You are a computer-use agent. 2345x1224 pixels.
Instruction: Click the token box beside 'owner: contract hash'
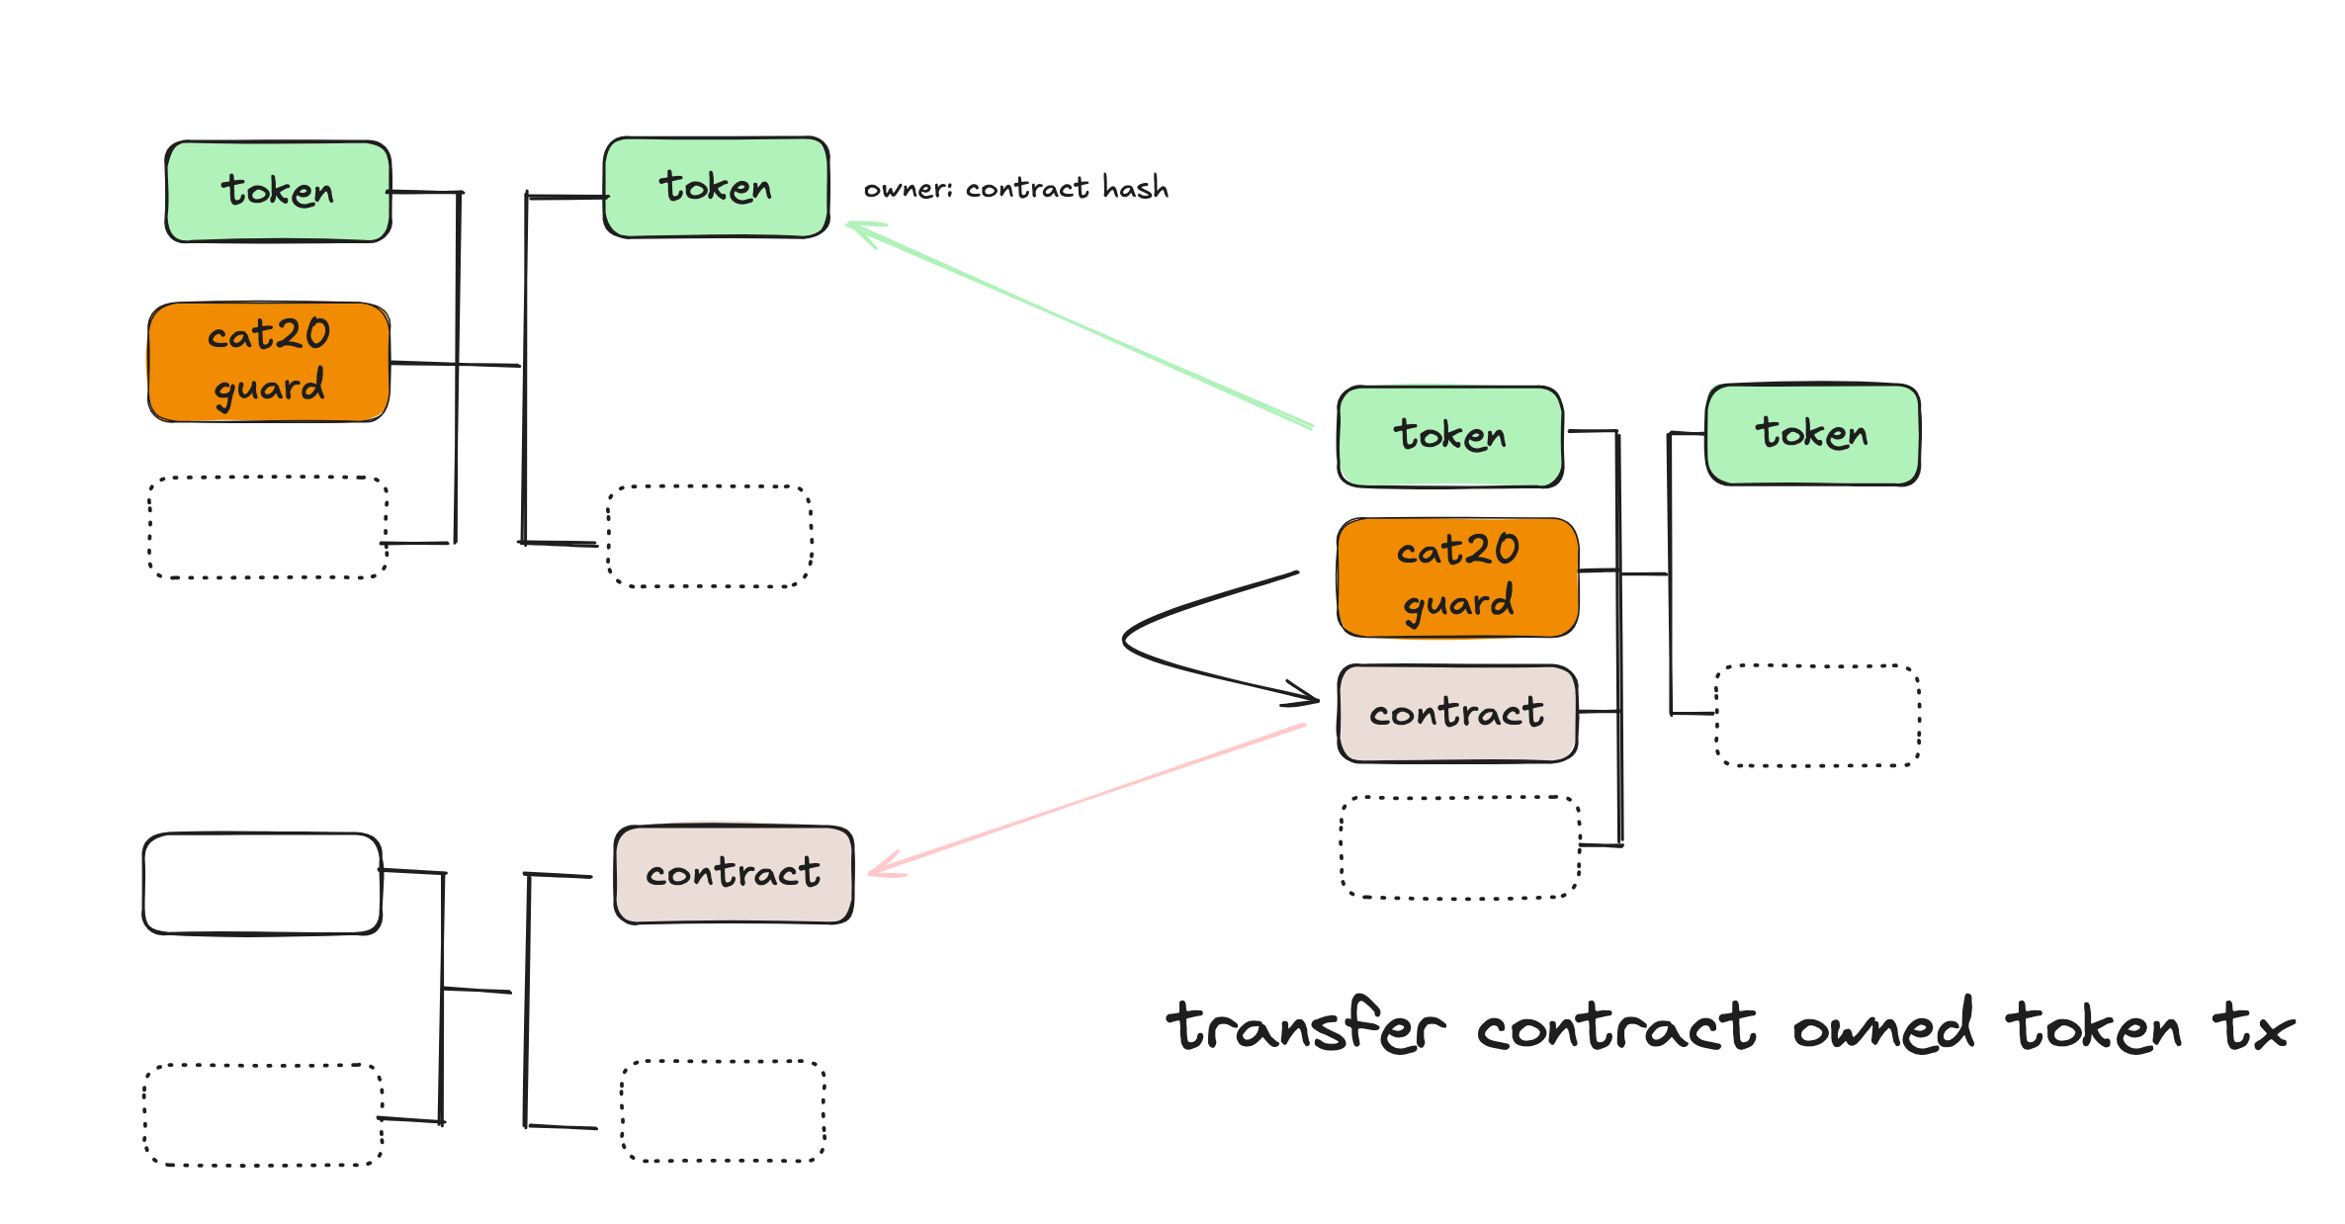point(716,188)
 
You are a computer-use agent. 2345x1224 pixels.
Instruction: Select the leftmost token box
point(278,192)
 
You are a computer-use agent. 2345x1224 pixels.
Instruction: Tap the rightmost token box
point(1812,434)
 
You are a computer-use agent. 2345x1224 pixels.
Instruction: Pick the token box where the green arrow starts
point(1449,436)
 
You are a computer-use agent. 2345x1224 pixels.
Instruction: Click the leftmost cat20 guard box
point(269,363)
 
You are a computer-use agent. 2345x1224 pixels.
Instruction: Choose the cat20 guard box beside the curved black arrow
point(1457,577)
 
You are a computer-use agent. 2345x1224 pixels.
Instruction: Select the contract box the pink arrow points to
point(734,874)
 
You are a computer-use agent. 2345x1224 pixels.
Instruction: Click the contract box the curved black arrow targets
point(1457,713)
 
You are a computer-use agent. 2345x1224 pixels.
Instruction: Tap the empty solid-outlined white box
point(262,883)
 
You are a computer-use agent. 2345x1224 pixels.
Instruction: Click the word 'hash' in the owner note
point(1135,188)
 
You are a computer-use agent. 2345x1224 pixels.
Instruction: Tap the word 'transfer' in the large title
point(1305,1026)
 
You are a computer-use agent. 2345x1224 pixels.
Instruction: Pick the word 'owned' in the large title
point(1882,1026)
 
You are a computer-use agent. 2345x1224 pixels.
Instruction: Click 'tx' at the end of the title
point(2252,1026)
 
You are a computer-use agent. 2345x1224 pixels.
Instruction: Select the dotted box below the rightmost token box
point(1817,716)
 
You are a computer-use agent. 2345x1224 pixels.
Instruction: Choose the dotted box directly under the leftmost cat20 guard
point(268,528)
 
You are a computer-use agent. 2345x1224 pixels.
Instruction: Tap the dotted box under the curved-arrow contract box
point(1459,847)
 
